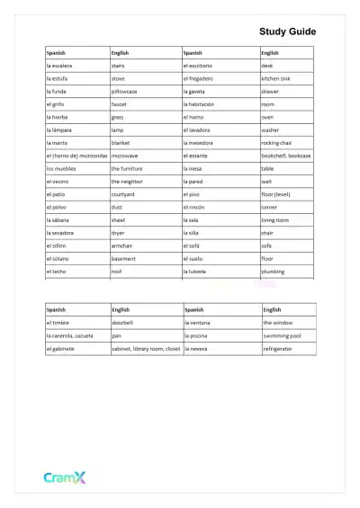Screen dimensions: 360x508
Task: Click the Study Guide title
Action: coord(287,31)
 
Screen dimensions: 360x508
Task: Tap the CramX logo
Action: coord(65,478)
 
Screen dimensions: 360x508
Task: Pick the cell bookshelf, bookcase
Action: coord(285,156)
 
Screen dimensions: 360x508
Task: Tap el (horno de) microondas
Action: coord(76,156)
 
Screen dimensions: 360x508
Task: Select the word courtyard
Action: coord(123,194)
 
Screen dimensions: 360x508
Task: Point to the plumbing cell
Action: coord(274,271)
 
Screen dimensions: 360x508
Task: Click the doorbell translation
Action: coord(122,322)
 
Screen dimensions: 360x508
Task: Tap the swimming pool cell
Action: coord(282,335)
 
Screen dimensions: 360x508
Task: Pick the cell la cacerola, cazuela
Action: coord(72,335)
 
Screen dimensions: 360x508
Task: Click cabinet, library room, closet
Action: coord(146,348)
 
